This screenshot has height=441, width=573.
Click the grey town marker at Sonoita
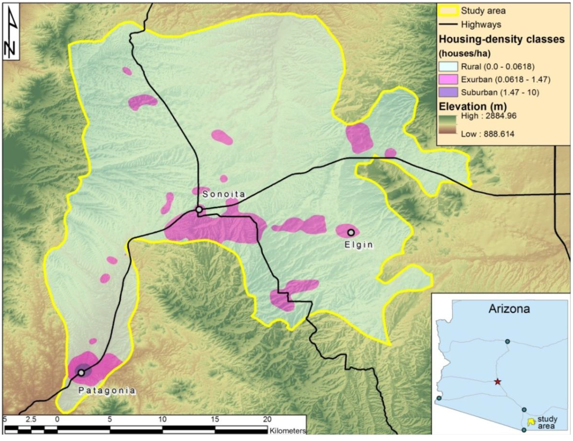point(199,210)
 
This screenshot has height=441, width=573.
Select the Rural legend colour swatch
point(448,66)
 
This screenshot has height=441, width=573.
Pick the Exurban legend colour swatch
point(448,79)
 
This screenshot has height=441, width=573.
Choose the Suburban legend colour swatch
point(448,92)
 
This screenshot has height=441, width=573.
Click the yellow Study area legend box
point(448,11)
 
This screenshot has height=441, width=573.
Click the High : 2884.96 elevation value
point(488,116)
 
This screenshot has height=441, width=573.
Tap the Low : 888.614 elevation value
point(487,134)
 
